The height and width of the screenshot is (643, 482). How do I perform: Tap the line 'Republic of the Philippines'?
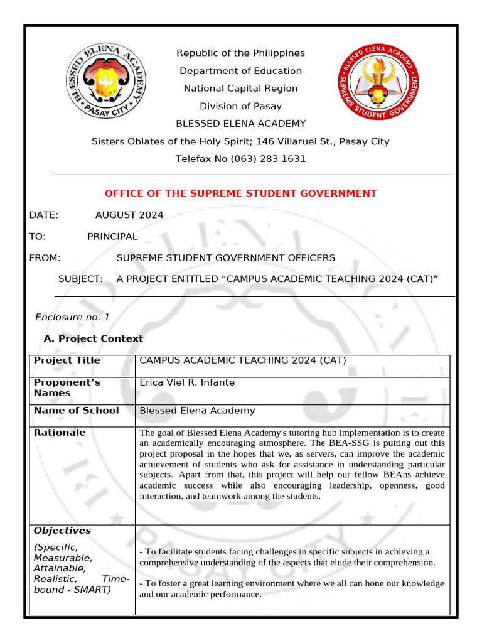(240, 53)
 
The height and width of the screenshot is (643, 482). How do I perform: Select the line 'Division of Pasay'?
(240, 106)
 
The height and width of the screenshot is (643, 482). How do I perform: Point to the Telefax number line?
(240, 159)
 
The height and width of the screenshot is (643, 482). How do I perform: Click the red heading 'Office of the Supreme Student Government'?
(240, 193)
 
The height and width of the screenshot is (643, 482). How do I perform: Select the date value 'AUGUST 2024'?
(129, 215)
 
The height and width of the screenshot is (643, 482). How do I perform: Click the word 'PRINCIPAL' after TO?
(112, 236)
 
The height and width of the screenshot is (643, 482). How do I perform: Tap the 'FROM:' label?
(45, 257)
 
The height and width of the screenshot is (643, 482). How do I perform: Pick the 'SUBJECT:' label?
(80, 279)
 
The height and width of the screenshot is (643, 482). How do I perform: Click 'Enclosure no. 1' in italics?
(72, 317)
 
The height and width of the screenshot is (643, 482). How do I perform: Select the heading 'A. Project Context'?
(93, 338)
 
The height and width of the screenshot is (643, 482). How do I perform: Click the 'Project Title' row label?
(67, 360)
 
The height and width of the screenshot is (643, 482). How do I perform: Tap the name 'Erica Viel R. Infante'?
(187, 382)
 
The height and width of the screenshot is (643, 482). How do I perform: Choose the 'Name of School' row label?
(76, 410)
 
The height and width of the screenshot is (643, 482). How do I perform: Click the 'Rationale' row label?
(60, 432)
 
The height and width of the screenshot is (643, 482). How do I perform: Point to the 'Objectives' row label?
(62, 531)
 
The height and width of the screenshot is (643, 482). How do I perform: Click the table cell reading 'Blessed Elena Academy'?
(197, 410)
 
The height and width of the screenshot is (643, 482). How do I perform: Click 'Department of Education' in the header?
(240, 71)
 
